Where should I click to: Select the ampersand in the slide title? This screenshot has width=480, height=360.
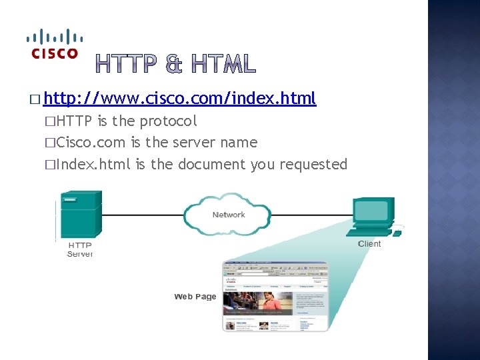tap(175, 64)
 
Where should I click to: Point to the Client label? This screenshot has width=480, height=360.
tap(369, 244)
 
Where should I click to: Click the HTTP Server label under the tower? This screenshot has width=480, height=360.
tap(80, 249)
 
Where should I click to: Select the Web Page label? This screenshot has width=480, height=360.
tap(195, 297)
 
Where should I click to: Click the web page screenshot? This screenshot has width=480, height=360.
tap(275, 296)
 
